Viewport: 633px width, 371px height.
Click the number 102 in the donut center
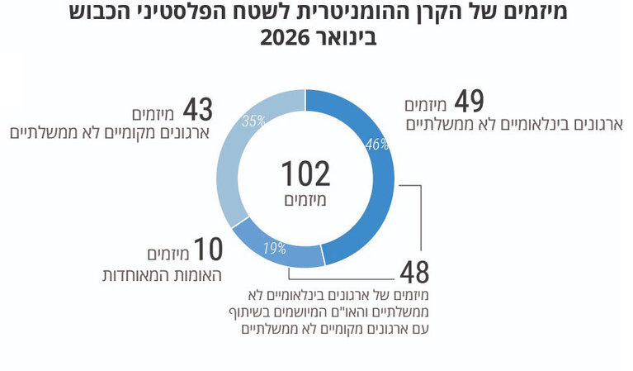305,174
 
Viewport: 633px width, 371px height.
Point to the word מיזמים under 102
305,199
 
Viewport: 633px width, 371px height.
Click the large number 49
468,103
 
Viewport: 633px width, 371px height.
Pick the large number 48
415,273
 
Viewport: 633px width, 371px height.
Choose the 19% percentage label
274,246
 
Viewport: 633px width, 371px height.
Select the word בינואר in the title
347,38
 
